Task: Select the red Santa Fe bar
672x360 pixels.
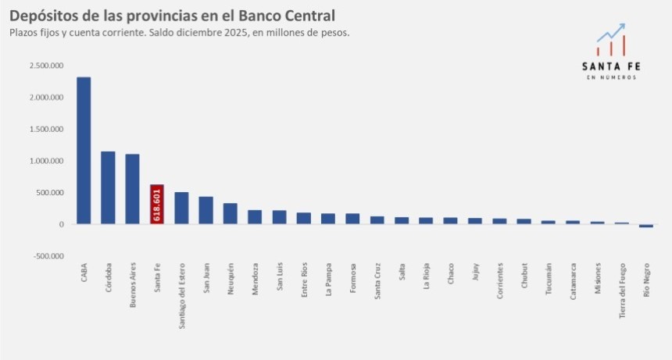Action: tap(157, 205)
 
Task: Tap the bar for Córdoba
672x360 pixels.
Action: tap(108, 187)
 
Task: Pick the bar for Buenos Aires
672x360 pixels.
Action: tap(132, 189)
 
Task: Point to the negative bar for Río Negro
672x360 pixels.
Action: tap(645, 226)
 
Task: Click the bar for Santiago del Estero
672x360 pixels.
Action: tap(181, 208)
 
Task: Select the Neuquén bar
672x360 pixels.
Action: tap(231, 213)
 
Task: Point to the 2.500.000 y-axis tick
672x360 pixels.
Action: tap(46, 66)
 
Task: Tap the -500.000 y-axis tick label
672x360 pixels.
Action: tap(48, 256)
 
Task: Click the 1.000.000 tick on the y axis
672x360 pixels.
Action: tap(46, 161)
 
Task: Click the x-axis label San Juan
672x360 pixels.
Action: tap(206, 279)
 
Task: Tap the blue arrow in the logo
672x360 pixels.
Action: tap(611, 33)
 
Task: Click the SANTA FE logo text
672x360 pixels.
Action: tap(611, 66)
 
